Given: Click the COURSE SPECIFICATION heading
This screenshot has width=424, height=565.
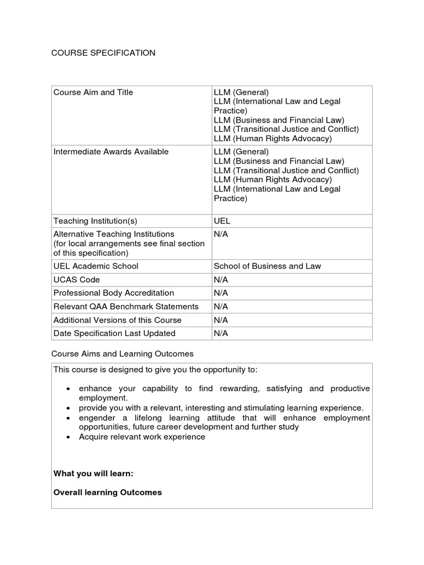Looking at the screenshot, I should pyautogui.click(x=103, y=53).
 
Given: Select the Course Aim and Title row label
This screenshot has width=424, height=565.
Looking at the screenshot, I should pyautogui.click(x=93, y=93).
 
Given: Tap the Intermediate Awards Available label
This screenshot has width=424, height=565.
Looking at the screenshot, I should pyautogui.click(x=110, y=152).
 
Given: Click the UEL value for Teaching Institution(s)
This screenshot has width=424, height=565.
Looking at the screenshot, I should pyautogui.click(x=222, y=221).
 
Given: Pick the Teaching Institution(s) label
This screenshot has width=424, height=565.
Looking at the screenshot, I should pyautogui.click(x=95, y=221).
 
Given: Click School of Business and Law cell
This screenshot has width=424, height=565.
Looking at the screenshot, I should pyautogui.click(x=267, y=266).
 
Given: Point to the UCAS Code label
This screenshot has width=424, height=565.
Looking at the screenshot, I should pyautogui.click(x=77, y=280).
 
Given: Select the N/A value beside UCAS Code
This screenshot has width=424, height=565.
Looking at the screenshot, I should pyautogui.click(x=221, y=280).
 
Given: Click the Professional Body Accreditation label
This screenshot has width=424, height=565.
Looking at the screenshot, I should pyautogui.click(x=113, y=293).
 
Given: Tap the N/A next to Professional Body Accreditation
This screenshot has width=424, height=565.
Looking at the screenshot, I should pyautogui.click(x=221, y=293).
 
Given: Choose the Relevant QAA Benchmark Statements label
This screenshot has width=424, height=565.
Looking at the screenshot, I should pyautogui.click(x=125, y=306).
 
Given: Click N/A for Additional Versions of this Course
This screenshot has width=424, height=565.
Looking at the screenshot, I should pyautogui.click(x=221, y=320).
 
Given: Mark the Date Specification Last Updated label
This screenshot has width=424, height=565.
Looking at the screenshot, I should pyautogui.click(x=114, y=333).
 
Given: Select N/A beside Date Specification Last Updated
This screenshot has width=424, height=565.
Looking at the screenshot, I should pyautogui.click(x=221, y=333).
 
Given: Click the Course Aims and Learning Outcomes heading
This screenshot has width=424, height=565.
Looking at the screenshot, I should pyautogui.click(x=122, y=353).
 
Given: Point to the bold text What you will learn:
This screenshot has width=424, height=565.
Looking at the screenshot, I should pyautogui.click(x=93, y=473).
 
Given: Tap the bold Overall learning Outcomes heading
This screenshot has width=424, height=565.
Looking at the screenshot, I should pyautogui.click(x=108, y=492).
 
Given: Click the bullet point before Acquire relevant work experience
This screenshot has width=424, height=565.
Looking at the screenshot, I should pyautogui.click(x=67, y=437).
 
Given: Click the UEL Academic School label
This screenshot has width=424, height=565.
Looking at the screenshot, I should pyautogui.click(x=96, y=266).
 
